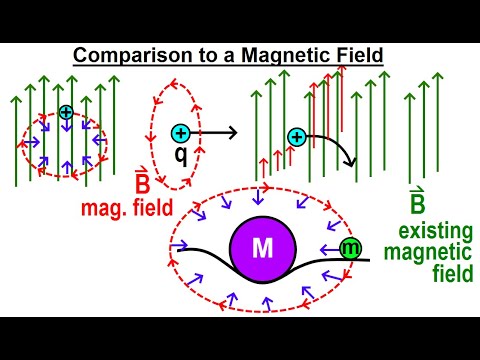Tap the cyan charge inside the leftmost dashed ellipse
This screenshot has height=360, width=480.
pos(66,114)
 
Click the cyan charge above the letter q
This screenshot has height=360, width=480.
pos(181,133)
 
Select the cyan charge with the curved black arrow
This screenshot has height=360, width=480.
pos(297,137)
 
